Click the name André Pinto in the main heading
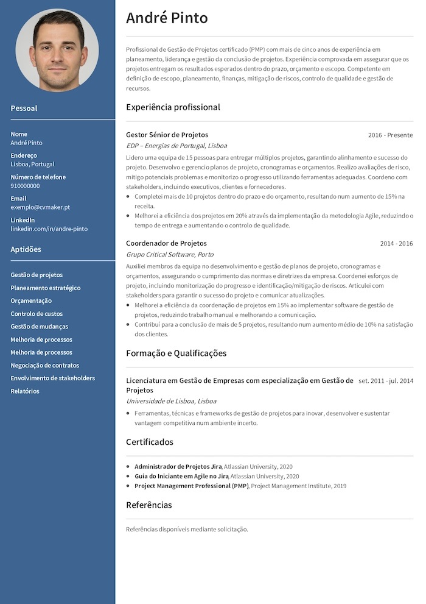tap(167, 18)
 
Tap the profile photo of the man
tap(57, 50)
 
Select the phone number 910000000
tap(25, 186)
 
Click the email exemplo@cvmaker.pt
tap(40, 207)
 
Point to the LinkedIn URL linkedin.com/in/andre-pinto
tap(49, 229)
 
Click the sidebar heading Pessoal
tap(24, 108)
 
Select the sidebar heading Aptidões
tap(26, 249)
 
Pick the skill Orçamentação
tap(31, 300)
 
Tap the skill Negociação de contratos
tap(44, 365)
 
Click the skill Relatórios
tap(25, 391)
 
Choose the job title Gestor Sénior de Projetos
tap(167, 135)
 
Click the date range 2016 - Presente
tap(390, 135)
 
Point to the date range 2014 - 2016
tap(396, 244)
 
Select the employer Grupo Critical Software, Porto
tap(170, 254)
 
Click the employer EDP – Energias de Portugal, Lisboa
tap(176, 146)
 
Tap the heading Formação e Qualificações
tap(176, 354)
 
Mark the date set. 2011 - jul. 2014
tap(386, 381)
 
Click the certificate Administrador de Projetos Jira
tap(178, 466)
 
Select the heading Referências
tap(148, 505)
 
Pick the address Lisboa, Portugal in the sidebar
tap(32, 164)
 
